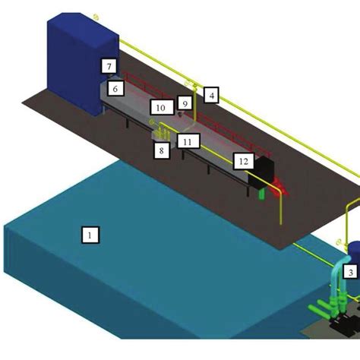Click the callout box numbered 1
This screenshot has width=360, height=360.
point(90,235)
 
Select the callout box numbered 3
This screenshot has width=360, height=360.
point(351,272)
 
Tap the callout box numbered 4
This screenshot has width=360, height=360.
point(211,95)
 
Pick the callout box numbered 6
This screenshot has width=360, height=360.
point(115,88)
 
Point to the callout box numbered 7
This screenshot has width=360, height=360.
point(109,66)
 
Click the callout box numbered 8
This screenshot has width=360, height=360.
point(162,150)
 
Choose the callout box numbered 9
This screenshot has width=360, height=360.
point(185,103)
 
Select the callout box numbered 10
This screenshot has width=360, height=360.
point(162,107)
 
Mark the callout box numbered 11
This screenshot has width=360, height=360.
point(188,141)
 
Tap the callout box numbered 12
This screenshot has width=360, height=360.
point(243,161)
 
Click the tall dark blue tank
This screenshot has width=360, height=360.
point(83,63)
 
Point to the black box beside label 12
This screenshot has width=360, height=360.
point(262,172)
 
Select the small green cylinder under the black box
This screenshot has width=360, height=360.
point(261,194)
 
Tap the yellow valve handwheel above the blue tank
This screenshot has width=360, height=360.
point(96,17)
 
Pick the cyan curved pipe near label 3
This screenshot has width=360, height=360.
point(339,275)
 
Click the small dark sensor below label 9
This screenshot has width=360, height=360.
point(180,115)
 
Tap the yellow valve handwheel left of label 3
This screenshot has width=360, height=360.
point(339,242)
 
